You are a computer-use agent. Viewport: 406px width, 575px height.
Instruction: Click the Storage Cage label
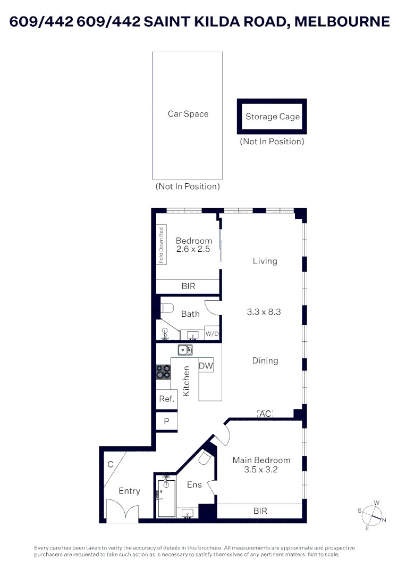tap(272, 117)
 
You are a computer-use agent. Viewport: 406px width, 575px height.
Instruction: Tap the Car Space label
tap(188, 114)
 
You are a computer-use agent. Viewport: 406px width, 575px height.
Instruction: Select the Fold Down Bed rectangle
tap(162, 245)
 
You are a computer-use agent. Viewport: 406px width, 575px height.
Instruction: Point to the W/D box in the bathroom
tap(212, 333)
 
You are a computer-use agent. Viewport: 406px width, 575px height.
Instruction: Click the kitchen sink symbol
tap(185, 350)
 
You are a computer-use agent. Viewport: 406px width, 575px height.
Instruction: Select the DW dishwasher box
tap(206, 366)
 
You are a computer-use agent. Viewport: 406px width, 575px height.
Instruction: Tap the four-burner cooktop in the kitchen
tap(163, 371)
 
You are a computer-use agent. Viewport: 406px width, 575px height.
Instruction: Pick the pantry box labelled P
tap(166, 421)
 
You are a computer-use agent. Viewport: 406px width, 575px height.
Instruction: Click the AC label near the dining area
tap(265, 414)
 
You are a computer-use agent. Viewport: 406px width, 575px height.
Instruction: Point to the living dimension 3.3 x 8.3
tap(264, 312)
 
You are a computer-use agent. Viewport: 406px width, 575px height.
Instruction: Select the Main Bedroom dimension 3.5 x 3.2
tap(261, 470)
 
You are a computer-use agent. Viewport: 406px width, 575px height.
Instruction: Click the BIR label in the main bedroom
tap(260, 511)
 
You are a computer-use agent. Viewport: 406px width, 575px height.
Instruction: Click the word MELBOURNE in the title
tap(342, 22)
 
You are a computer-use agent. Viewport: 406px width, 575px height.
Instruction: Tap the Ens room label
tap(194, 485)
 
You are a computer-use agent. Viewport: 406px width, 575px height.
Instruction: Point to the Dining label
tap(265, 361)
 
